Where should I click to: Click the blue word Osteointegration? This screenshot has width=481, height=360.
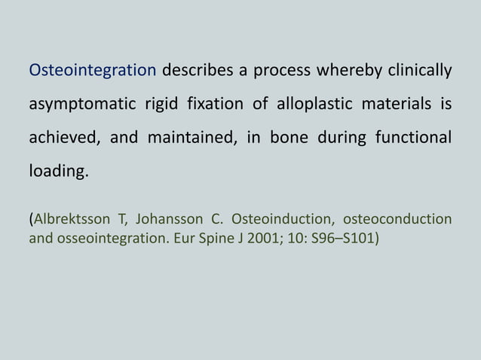pyautogui.click(x=92, y=72)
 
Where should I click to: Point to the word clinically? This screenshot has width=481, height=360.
pyautogui.click(x=418, y=72)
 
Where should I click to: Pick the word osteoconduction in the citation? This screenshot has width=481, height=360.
pyautogui.click(x=397, y=220)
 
